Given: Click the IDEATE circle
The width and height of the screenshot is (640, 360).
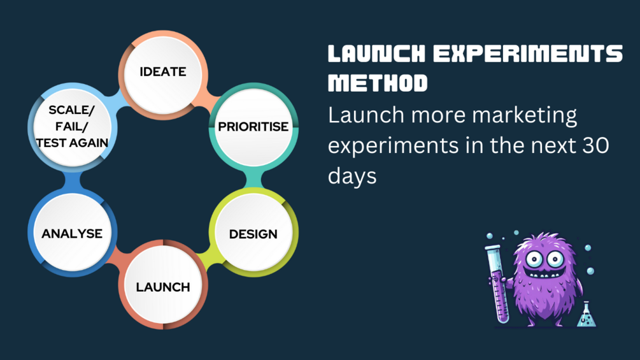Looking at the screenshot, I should click(163, 71).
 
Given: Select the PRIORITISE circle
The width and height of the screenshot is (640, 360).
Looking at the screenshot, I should click(253, 126).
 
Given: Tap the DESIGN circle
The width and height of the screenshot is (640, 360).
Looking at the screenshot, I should click(253, 233).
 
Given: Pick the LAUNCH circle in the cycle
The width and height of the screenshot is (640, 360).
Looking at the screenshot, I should click(163, 287).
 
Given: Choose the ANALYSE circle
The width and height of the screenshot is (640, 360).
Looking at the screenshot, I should click(72, 233).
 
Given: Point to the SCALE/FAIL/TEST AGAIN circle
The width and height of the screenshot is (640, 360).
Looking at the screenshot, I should click(72, 126).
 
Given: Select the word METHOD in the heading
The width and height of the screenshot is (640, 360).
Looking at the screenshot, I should click(378, 83).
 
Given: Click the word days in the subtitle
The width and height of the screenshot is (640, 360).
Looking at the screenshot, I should click(352, 175).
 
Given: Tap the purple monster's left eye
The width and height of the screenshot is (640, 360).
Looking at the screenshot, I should click(534, 259).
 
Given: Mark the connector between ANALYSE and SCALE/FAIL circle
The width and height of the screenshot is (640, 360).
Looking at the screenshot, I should click(72, 181).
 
